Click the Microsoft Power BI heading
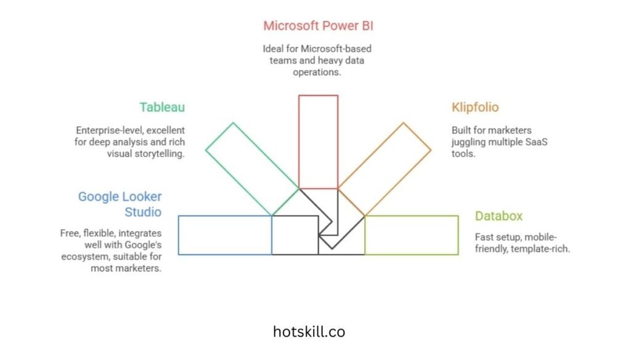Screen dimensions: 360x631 318,26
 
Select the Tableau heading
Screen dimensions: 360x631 162,107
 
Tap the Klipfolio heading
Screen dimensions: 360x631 475,107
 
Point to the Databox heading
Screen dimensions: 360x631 499,216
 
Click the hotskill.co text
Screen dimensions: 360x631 309,332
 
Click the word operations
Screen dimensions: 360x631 318,72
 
